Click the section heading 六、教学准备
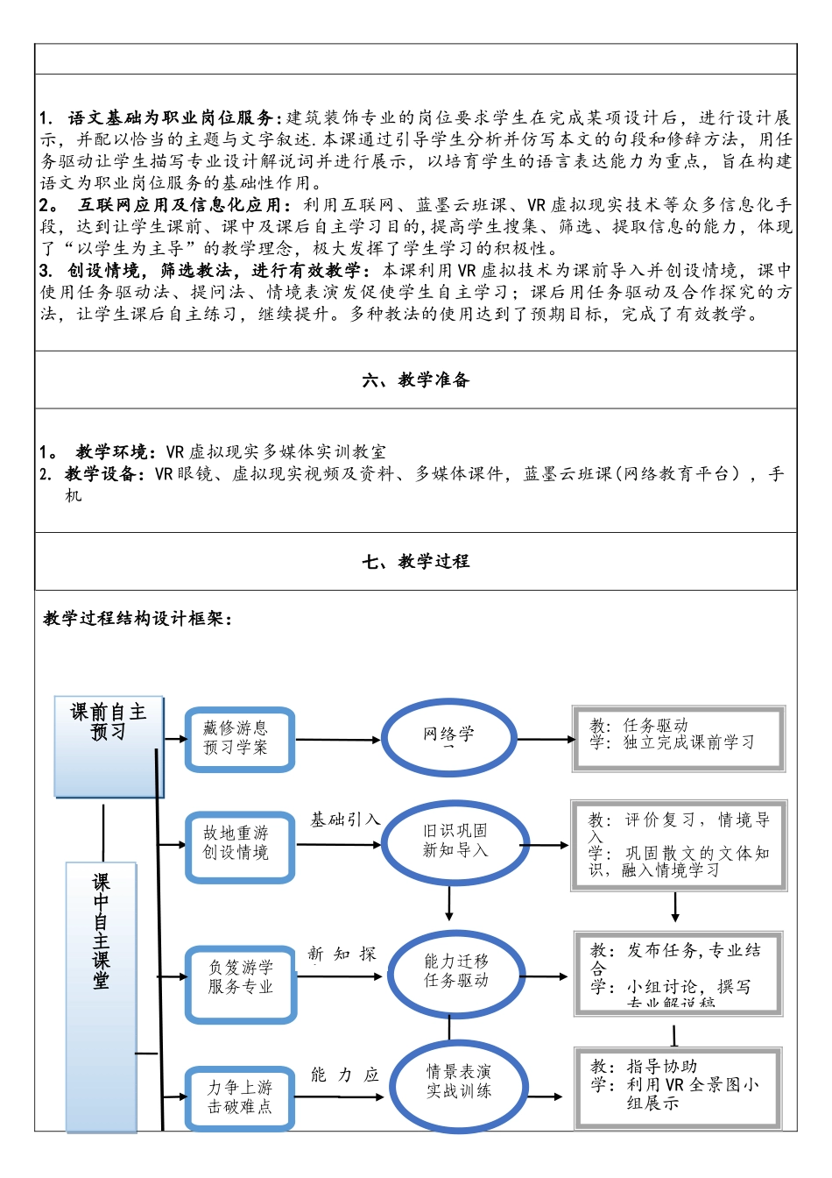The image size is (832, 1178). coord(416,380)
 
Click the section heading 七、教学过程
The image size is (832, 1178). coord(416,562)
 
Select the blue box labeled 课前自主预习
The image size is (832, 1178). coord(109,746)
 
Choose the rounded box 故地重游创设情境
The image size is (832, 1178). coord(238,845)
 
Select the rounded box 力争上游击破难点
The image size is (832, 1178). coord(240,1098)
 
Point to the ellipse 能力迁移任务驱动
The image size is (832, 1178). coord(456,974)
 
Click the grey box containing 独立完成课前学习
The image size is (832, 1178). coord(678,738)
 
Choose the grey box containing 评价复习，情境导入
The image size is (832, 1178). coord(679,845)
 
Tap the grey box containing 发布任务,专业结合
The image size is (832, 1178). coord(678,973)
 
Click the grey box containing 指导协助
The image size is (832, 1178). coord(678,1087)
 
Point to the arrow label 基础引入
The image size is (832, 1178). coord(345,820)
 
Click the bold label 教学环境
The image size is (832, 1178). coord(112,452)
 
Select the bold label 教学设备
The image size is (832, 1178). coord(101,474)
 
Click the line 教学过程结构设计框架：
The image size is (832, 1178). coord(138,619)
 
